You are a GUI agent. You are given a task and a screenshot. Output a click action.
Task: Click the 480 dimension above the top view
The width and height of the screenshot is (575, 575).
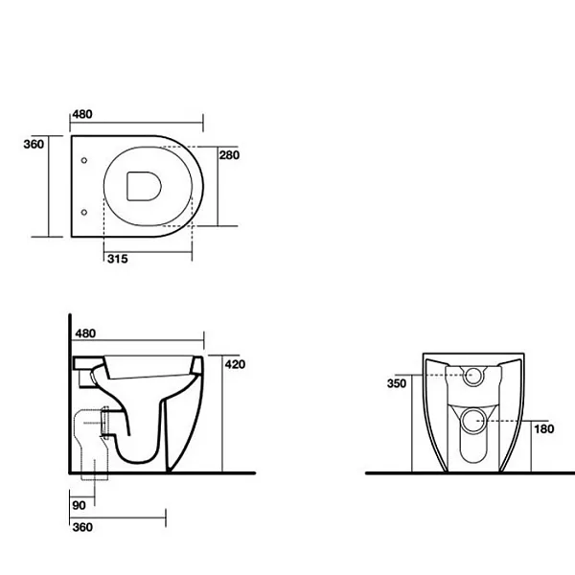[x=82, y=114]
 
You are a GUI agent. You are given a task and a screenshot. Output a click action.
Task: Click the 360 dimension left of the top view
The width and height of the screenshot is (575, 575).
[x=34, y=144]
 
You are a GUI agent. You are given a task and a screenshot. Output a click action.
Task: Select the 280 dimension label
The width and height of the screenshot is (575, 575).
[x=230, y=155]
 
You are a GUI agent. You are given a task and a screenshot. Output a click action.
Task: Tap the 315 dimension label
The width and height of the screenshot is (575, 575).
[x=118, y=259]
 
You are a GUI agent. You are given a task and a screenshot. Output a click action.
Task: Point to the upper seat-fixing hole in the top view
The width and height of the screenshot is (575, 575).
[x=84, y=160]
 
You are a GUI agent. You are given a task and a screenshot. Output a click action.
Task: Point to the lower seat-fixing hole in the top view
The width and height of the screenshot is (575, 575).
[x=84, y=213]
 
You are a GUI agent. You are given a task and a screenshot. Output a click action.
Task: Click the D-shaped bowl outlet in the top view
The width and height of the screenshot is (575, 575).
[x=144, y=186]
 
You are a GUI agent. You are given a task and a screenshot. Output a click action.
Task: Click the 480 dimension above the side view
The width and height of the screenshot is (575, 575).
[x=85, y=333]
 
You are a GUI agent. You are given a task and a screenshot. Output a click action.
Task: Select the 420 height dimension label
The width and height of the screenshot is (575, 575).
[x=235, y=364]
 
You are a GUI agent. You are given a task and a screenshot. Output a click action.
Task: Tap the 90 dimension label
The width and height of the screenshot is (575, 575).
[x=79, y=505]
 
